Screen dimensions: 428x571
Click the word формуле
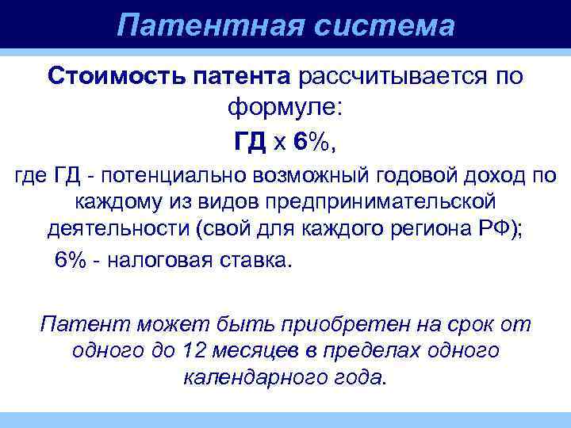pos(286,106)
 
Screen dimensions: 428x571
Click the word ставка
pos(258,261)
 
